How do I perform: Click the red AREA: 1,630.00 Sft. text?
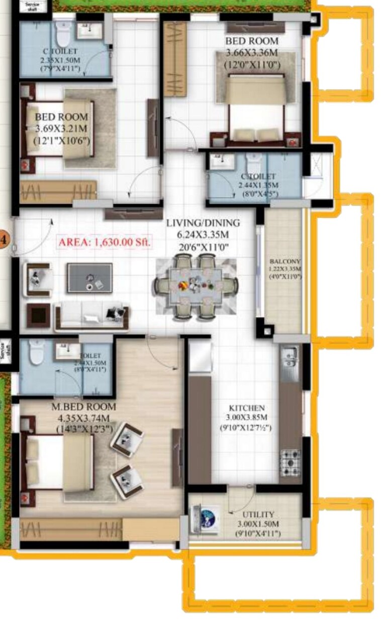pos(105,242)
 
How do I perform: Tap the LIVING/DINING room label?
pos(204,223)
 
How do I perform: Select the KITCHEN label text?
pos(246,408)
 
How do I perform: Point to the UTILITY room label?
pos(258,514)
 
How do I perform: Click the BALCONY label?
pos(284,262)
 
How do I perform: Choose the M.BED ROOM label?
pos(83,406)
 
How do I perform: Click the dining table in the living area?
pos(196,286)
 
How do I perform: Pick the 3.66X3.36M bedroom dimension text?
pos(251,52)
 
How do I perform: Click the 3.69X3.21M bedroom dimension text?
pos(61,129)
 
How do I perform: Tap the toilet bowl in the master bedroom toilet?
pos(37,352)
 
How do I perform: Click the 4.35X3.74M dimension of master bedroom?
pos(83,418)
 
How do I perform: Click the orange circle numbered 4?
pos(3,239)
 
